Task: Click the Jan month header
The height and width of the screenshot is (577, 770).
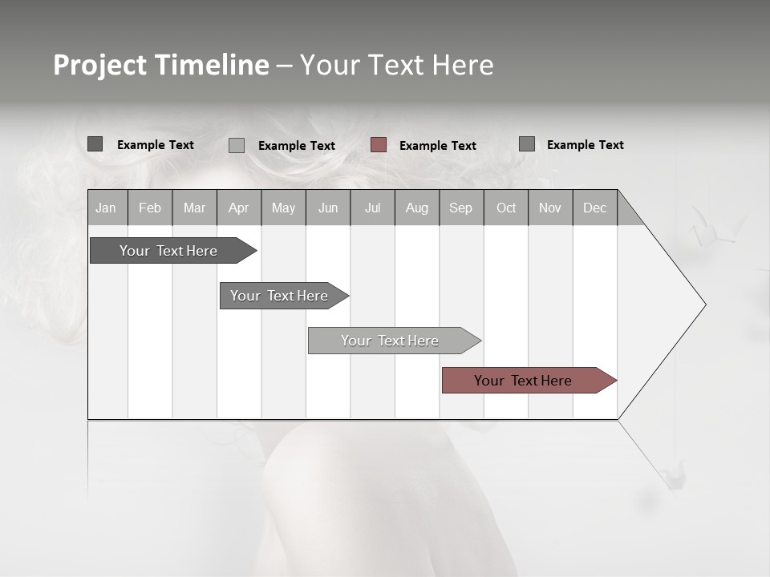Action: [x=106, y=208]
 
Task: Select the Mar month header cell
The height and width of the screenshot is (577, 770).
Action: [x=194, y=208]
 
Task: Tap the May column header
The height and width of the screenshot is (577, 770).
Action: [x=283, y=208]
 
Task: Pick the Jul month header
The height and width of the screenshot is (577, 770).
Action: [x=372, y=208]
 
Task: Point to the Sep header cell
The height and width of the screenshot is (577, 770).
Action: [x=460, y=208]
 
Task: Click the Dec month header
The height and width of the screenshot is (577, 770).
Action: [x=594, y=208]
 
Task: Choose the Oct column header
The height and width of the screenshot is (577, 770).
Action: [x=506, y=208]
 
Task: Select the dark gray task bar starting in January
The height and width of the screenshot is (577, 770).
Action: [x=169, y=251]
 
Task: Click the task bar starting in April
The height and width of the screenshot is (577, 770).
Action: [x=280, y=296]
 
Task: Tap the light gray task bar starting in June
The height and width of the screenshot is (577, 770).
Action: [x=391, y=341]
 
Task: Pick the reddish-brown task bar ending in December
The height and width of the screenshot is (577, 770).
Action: [x=524, y=381]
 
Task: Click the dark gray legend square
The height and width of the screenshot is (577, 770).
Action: [x=95, y=144]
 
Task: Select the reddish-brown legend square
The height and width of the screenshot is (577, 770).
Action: [x=379, y=145]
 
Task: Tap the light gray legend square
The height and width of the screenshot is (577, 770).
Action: [x=237, y=145]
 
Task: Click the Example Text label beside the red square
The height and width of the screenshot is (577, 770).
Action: [x=438, y=146]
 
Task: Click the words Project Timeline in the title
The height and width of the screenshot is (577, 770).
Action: [x=161, y=65]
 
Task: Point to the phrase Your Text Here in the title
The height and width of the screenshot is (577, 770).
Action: [x=397, y=65]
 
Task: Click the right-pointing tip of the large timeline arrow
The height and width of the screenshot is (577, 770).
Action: [x=703, y=305]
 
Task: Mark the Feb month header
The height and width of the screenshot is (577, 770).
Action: [x=150, y=208]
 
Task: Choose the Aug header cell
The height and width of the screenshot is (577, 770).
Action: [x=416, y=208]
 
